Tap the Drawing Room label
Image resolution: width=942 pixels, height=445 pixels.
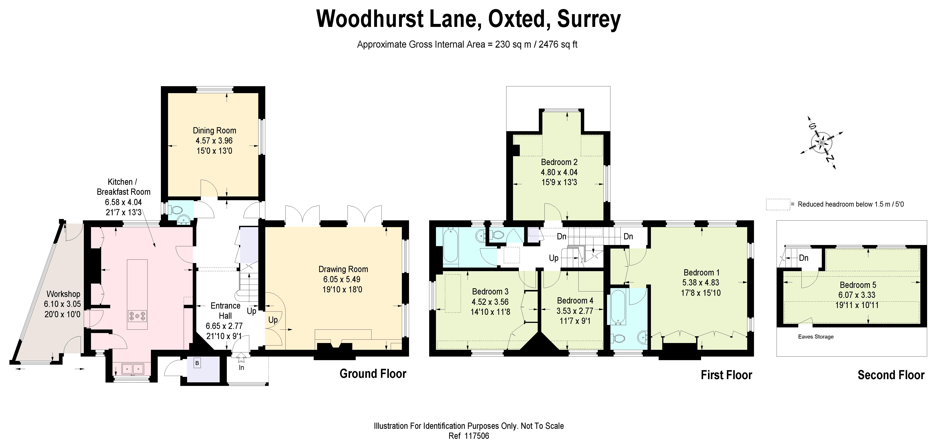[343, 269]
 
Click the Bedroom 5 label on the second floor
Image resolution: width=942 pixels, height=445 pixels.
[858, 285]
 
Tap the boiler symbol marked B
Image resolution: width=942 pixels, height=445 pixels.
[197, 363]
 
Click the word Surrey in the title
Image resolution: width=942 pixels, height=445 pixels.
[589, 19]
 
